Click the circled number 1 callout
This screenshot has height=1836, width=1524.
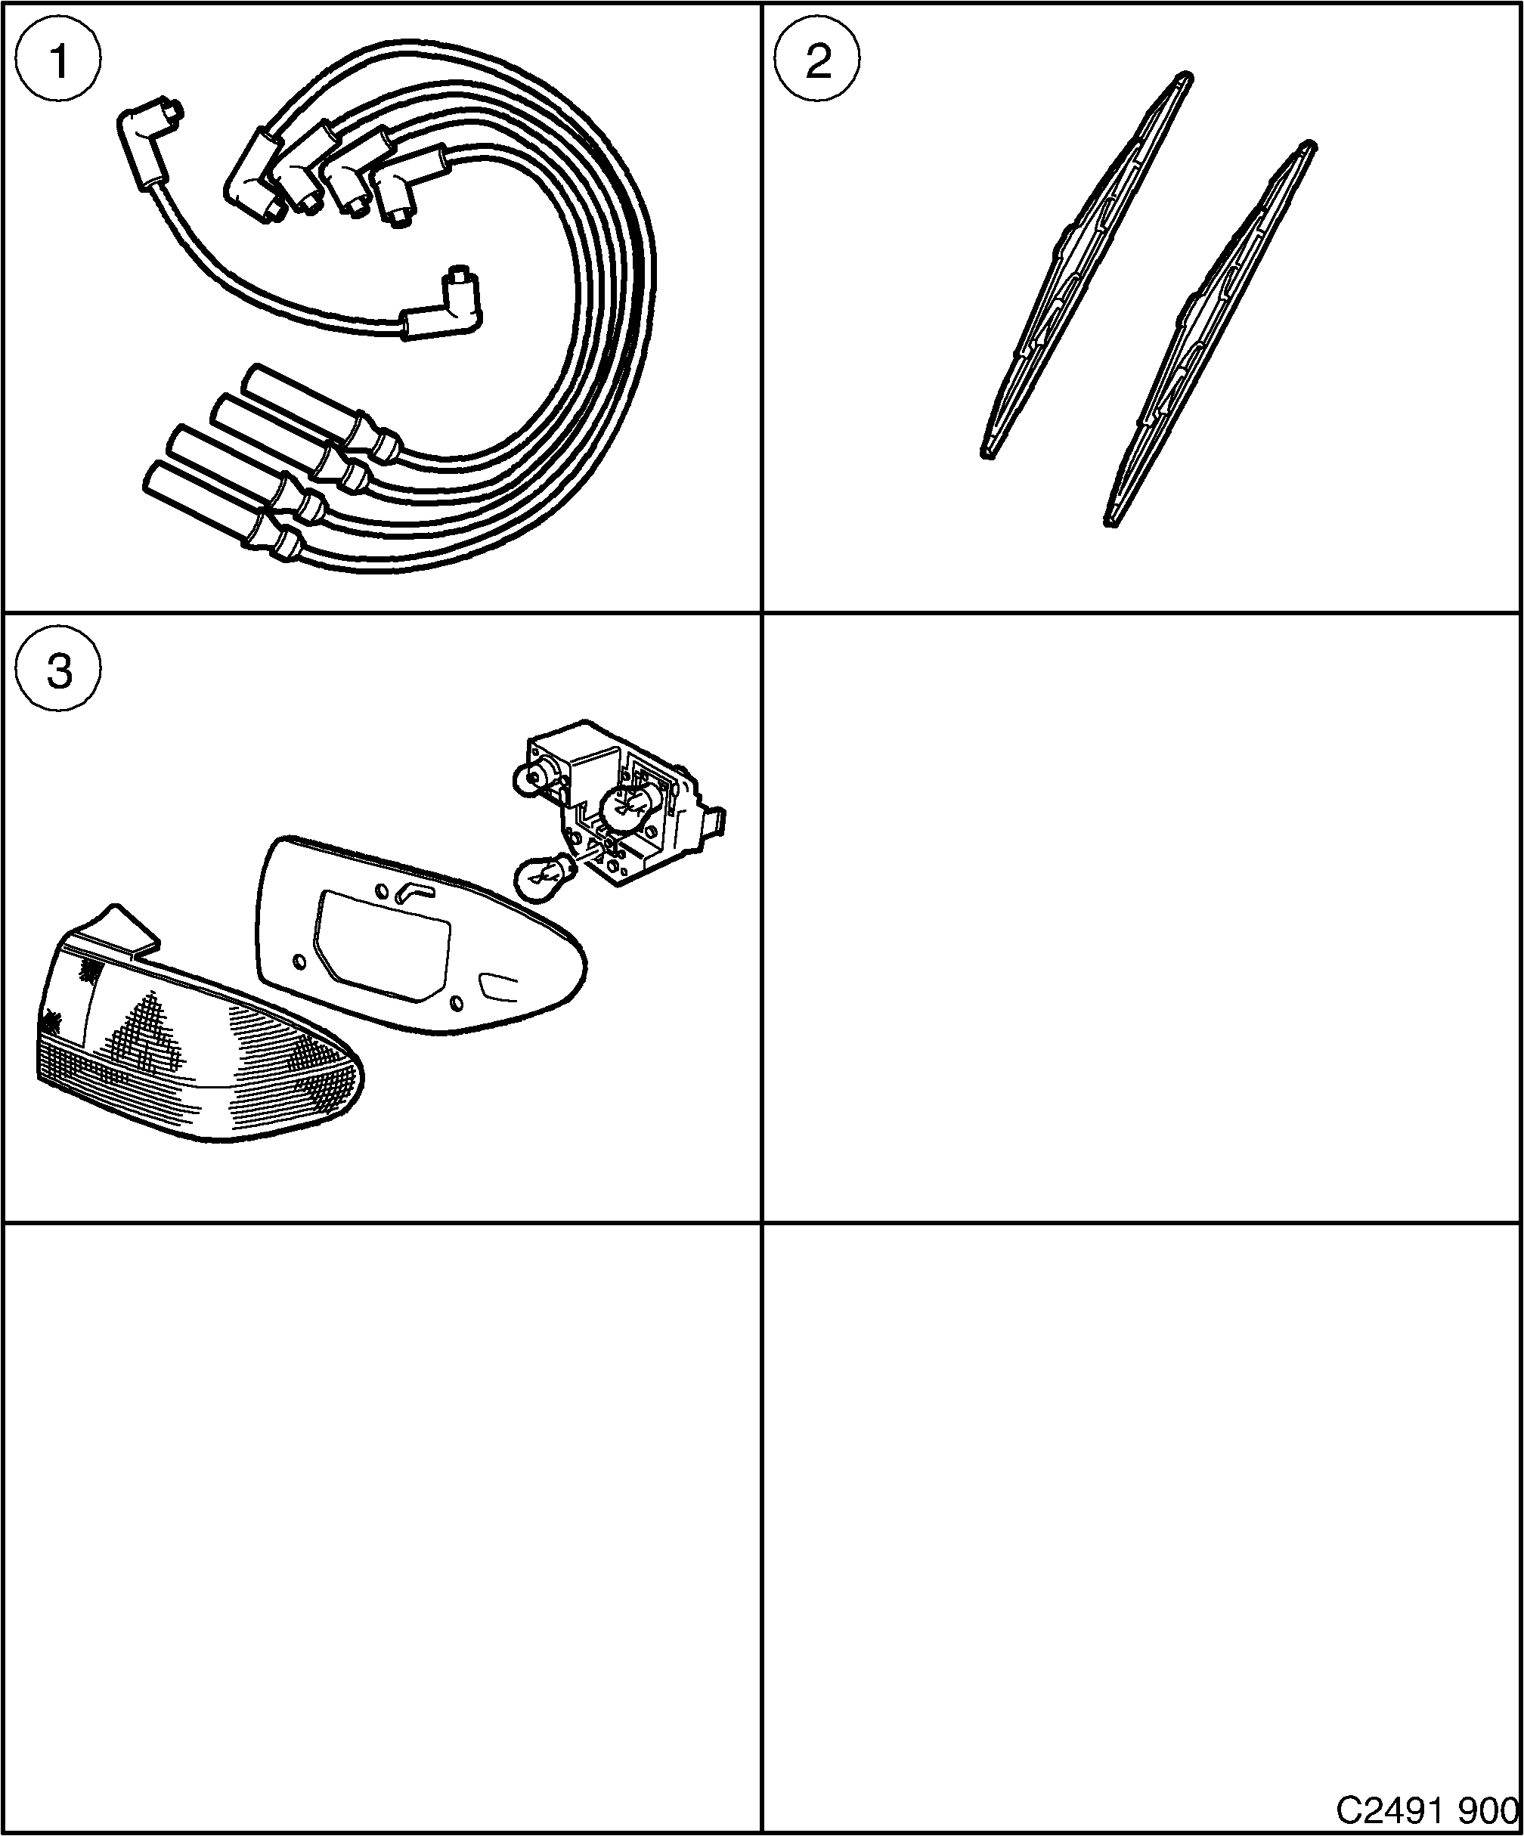pyautogui.click(x=58, y=61)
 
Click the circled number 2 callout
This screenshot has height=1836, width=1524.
pyautogui.click(x=817, y=61)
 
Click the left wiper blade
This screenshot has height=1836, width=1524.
pyautogui.click(x=1084, y=262)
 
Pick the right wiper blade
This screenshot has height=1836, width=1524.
pyautogui.click(x=1211, y=333)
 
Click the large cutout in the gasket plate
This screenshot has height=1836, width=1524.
pyautogui.click(x=385, y=944)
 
